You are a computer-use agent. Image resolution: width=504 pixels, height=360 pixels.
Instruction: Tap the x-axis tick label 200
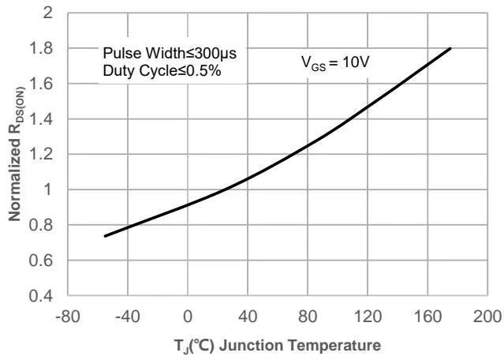click(487, 316)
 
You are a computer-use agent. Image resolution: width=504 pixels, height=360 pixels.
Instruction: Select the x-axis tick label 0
click(188, 316)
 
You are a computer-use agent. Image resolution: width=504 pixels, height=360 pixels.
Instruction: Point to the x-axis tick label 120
click(368, 316)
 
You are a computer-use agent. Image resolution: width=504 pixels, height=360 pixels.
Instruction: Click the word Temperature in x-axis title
click(343, 345)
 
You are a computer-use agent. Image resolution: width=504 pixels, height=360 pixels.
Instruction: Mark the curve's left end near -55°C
click(106, 235)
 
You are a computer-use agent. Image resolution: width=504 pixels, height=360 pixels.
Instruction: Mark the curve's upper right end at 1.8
click(450, 49)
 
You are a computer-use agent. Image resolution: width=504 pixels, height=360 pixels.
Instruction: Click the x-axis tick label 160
click(427, 316)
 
